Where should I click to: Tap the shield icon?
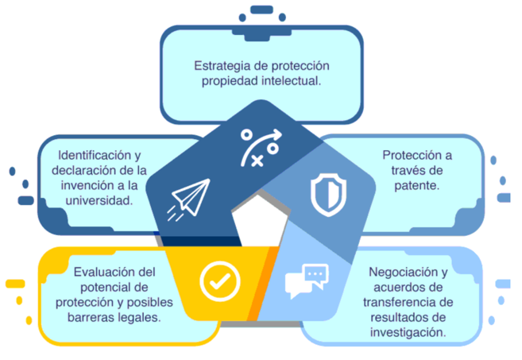tap(329, 195)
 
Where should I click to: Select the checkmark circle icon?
tap(220, 281)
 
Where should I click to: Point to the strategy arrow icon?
tap(261, 147)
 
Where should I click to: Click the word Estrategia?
tap(222, 66)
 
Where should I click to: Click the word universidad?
tap(99, 200)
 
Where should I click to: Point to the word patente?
tap(417, 185)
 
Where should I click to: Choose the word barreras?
tap(91, 317)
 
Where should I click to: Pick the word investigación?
tap(408, 332)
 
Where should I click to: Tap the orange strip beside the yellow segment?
tap(263, 283)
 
